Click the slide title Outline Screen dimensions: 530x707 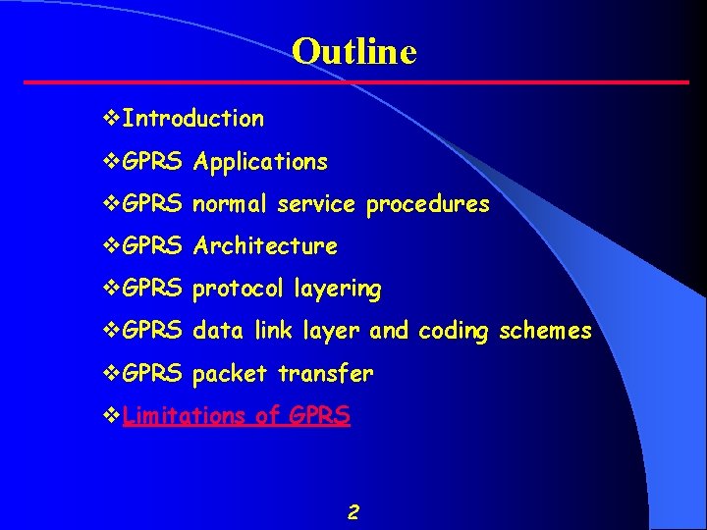353,51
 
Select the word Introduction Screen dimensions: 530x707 194,119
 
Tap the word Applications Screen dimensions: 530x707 260,161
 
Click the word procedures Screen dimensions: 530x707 427,204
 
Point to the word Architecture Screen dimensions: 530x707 265,246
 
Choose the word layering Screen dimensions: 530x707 337,290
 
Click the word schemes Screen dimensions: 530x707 545,331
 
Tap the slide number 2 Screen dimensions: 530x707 353,511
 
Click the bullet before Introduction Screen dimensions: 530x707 111,119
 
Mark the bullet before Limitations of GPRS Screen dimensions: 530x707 111,415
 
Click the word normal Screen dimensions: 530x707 231,204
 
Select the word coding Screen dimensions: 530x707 455,332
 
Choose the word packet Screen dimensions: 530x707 232,374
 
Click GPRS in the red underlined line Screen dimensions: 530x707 319,415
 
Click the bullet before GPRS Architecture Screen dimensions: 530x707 111,246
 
